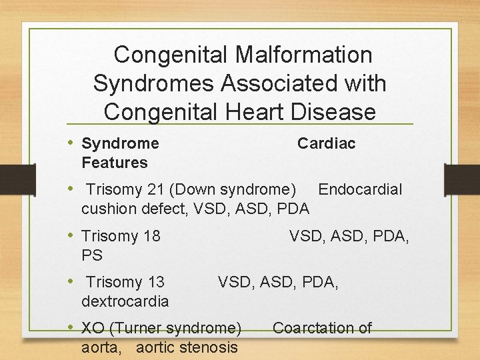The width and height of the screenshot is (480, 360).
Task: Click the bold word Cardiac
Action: [326, 143]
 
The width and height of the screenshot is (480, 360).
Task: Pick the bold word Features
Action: [114, 163]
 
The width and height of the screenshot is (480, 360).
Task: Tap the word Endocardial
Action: [360, 189]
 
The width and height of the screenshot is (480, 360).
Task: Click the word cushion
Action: [109, 209]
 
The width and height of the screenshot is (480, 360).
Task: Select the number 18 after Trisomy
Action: [151, 236]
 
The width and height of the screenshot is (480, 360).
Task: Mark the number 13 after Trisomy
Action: [155, 282]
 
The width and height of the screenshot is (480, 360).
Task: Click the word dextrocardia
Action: [125, 301]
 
